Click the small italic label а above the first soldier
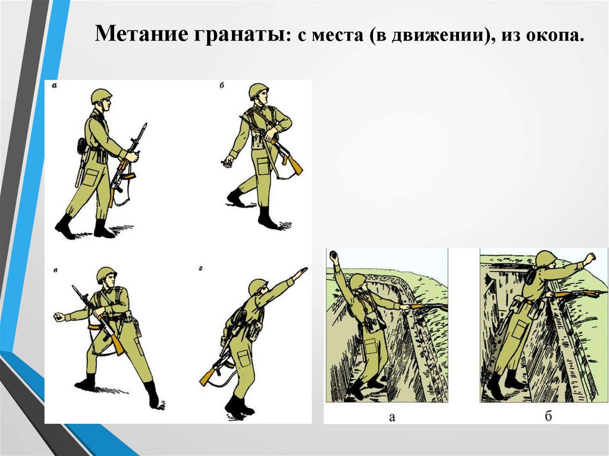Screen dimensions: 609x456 click(x=54, y=86)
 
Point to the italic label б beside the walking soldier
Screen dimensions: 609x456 click(x=222, y=86)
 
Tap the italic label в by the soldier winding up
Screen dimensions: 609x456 click(x=55, y=270)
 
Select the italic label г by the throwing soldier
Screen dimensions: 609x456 click(x=201, y=268)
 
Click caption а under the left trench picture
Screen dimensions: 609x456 click(x=392, y=417)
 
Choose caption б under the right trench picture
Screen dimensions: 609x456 click(x=548, y=416)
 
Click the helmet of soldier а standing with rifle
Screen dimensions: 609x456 click(x=101, y=95)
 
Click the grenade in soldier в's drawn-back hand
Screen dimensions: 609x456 click(x=59, y=316)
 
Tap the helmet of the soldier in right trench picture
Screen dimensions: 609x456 click(x=547, y=259)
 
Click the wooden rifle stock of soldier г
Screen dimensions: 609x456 click(x=206, y=377)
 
